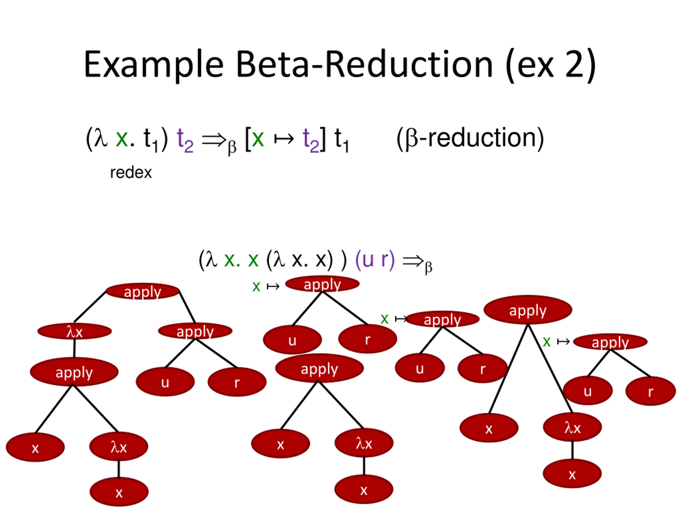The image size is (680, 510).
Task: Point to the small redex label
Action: click(x=131, y=173)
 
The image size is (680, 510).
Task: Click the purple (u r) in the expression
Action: click(x=375, y=260)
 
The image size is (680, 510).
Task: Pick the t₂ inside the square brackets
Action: click(x=311, y=140)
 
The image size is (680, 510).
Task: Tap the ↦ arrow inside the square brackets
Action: click(x=284, y=139)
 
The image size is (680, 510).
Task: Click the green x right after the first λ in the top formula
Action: click(x=122, y=139)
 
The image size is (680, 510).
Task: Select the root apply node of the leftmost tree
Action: click(x=143, y=291)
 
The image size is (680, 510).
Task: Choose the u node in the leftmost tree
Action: click(x=165, y=382)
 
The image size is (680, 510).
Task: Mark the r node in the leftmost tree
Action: click(x=237, y=382)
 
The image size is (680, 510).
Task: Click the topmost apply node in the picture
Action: click(x=322, y=284)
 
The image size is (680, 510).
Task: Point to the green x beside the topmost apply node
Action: click(x=256, y=287)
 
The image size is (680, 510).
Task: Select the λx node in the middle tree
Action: click(x=364, y=443)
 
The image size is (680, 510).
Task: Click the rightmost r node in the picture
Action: click(x=651, y=391)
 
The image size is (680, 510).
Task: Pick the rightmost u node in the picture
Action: click(x=588, y=391)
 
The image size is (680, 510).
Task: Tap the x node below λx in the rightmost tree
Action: click(x=572, y=474)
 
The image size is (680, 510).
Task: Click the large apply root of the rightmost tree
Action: click(x=528, y=310)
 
